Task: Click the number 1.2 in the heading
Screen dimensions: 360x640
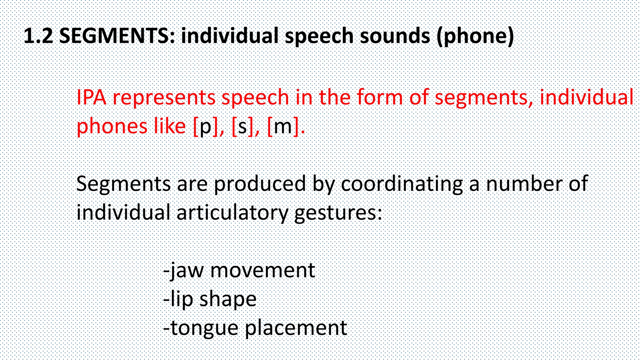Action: tap(38, 36)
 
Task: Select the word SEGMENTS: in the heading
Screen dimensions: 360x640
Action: tap(118, 36)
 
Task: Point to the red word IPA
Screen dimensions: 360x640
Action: tap(91, 97)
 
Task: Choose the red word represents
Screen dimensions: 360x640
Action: tap(164, 98)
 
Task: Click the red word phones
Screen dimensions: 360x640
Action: tap(112, 127)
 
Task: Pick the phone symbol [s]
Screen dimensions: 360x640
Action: tap(242, 127)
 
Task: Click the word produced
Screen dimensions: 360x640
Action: tap(260, 184)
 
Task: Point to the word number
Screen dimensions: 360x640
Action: tap(524, 183)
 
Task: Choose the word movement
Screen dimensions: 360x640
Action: tap(262, 271)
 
